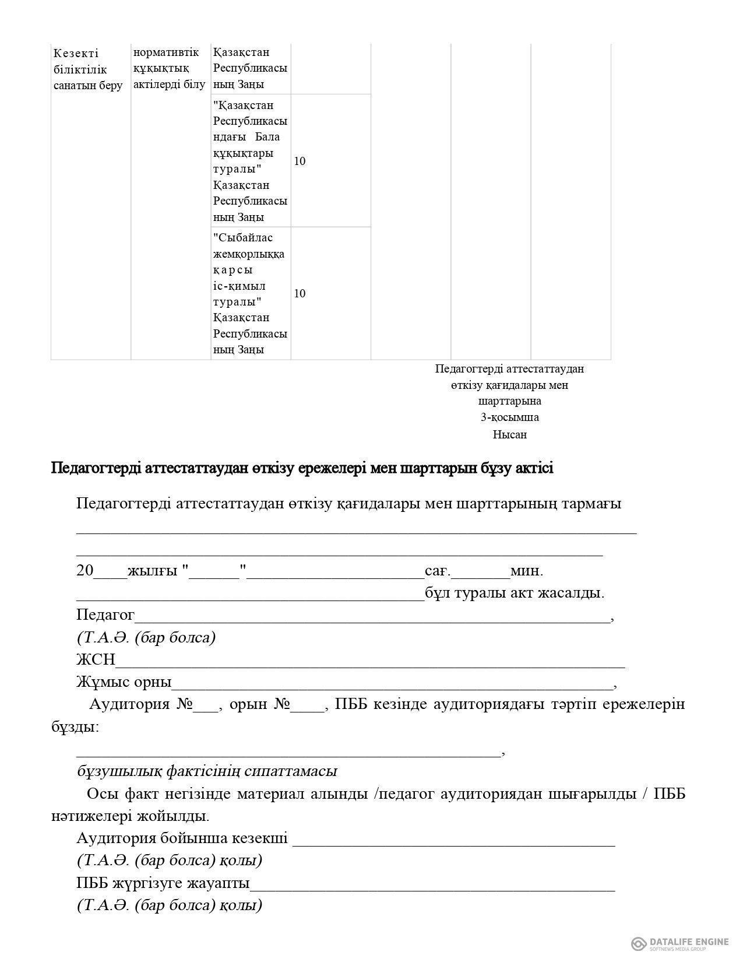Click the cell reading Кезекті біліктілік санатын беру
[88, 69]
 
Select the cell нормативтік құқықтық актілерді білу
[169, 68]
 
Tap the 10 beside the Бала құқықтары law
[300, 161]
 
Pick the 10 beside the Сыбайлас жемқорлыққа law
[300, 293]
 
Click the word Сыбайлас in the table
[244, 238]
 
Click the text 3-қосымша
[509, 417]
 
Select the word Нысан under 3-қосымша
[509, 434]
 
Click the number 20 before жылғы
[84, 570]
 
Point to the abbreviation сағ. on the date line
[438, 570]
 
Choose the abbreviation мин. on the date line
[527, 570]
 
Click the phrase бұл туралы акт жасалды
[515, 593]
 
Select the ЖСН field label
[96, 659]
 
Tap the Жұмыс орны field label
[124, 682]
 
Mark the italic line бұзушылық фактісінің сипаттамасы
[207, 771]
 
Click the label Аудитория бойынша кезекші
[182, 838]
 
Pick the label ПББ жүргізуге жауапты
[163, 883]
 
